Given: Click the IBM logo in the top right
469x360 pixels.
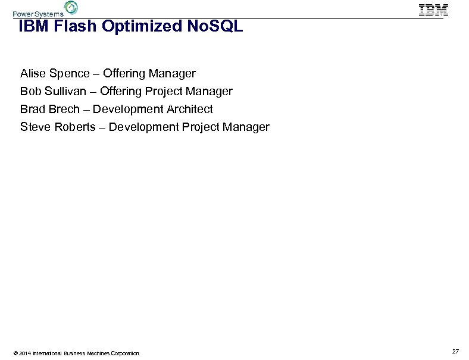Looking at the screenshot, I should tap(433, 10).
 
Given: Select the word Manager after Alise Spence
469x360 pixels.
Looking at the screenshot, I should tap(173, 74).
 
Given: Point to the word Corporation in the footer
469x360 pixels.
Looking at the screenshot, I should tap(122, 353).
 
